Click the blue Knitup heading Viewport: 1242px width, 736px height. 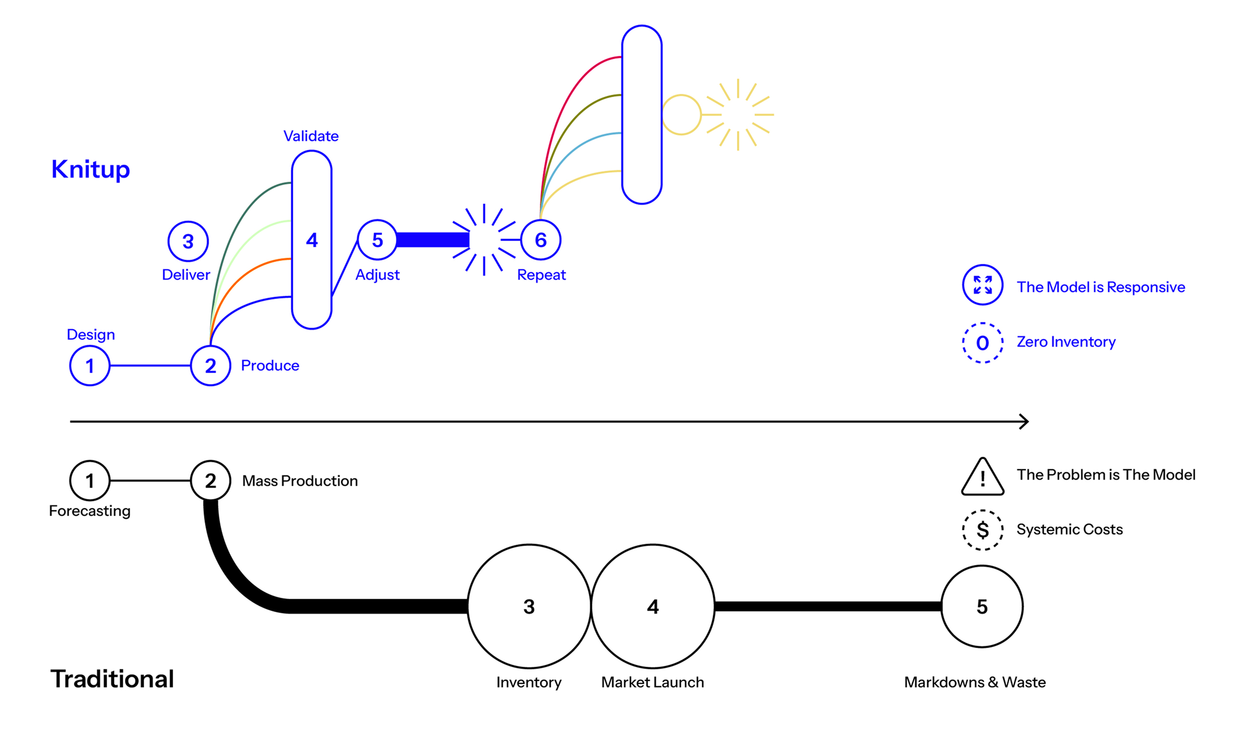(90, 170)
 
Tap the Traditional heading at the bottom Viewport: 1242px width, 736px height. (112, 679)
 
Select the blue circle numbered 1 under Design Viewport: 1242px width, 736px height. (89, 366)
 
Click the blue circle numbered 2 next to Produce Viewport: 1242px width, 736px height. (210, 366)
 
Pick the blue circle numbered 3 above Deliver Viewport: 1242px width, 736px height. (188, 241)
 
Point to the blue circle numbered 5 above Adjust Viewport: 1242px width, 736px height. (377, 240)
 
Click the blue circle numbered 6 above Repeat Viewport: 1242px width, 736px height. (540, 240)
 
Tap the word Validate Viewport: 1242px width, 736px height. (310, 136)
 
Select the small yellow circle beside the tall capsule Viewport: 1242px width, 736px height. (681, 114)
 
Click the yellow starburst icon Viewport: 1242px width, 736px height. (739, 114)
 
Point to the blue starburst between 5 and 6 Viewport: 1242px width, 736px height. (484, 240)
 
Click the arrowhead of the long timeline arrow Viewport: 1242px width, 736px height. (1024, 421)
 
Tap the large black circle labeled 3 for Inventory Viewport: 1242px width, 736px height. (529, 606)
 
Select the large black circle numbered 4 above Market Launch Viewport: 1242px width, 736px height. (653, 606)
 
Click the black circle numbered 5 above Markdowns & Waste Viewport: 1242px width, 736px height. (981, 606)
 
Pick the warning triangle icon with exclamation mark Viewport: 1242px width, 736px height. (982, 477)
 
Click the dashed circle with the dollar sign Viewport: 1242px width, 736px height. (982, 530)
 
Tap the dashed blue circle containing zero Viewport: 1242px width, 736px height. (982, 343)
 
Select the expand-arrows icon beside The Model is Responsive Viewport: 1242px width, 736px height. (982, 285)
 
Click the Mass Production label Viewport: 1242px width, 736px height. (300, 481)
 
